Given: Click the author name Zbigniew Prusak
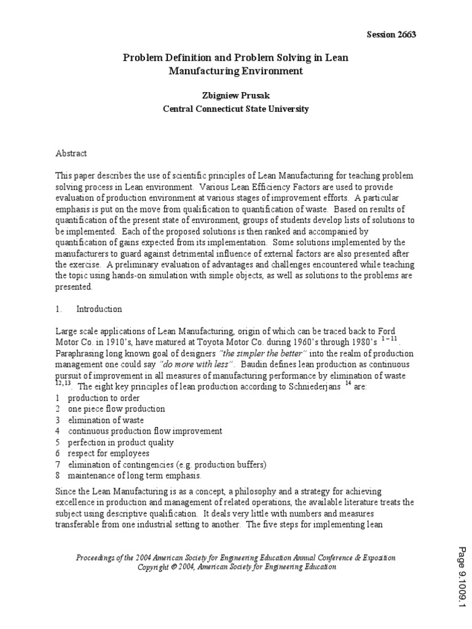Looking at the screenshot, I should [235, 95].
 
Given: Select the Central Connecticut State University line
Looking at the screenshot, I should [235, 109].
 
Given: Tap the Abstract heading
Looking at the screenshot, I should [71, 153].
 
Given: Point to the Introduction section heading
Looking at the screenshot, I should [99, 309].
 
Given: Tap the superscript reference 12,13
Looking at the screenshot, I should [64, 382].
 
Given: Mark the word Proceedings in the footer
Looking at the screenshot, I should [98, 557].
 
